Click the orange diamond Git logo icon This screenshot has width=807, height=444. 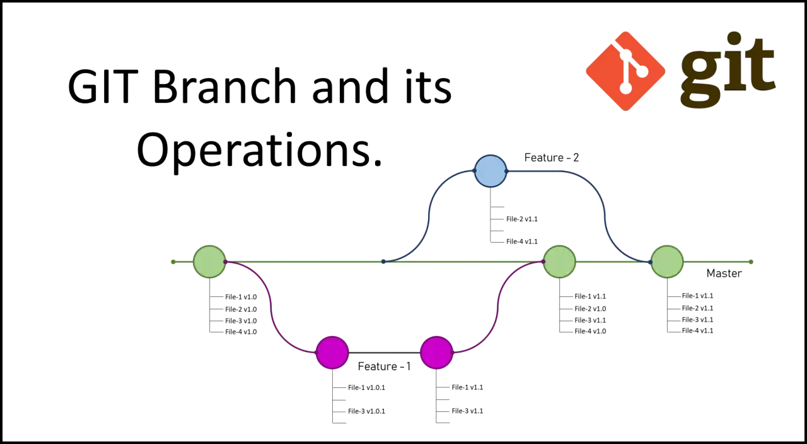(x=625, y=71)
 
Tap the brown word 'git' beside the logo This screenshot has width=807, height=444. (x=728, y=69)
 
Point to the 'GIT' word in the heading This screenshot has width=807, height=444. (x=103, y=86)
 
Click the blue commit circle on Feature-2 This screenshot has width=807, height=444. (x=491, y=171)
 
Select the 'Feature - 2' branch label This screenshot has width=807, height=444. (x=552, y=158)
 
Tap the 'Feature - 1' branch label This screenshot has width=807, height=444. (x=384, y=366)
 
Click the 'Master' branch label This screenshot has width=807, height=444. (x=724, y=274)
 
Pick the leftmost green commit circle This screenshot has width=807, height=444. (x=209, y=262)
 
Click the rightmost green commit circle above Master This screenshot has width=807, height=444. (x=667, y=262)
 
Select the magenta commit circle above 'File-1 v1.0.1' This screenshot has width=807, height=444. (x=332, y=353)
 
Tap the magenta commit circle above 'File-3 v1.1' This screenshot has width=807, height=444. (x=436, y=353)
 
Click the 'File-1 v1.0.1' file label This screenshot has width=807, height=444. (x=366, y=387)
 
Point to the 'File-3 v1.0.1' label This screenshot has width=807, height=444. (x=366, y=411)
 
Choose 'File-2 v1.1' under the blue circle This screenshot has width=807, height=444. (x=521, y=219)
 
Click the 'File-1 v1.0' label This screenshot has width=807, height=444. (x=241, y=297)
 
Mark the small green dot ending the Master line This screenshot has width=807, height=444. (x=751, y=262)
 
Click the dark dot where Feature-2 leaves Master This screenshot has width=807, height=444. (x=383, y=262)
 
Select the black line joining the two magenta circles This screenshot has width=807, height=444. (x=384, y=353)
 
